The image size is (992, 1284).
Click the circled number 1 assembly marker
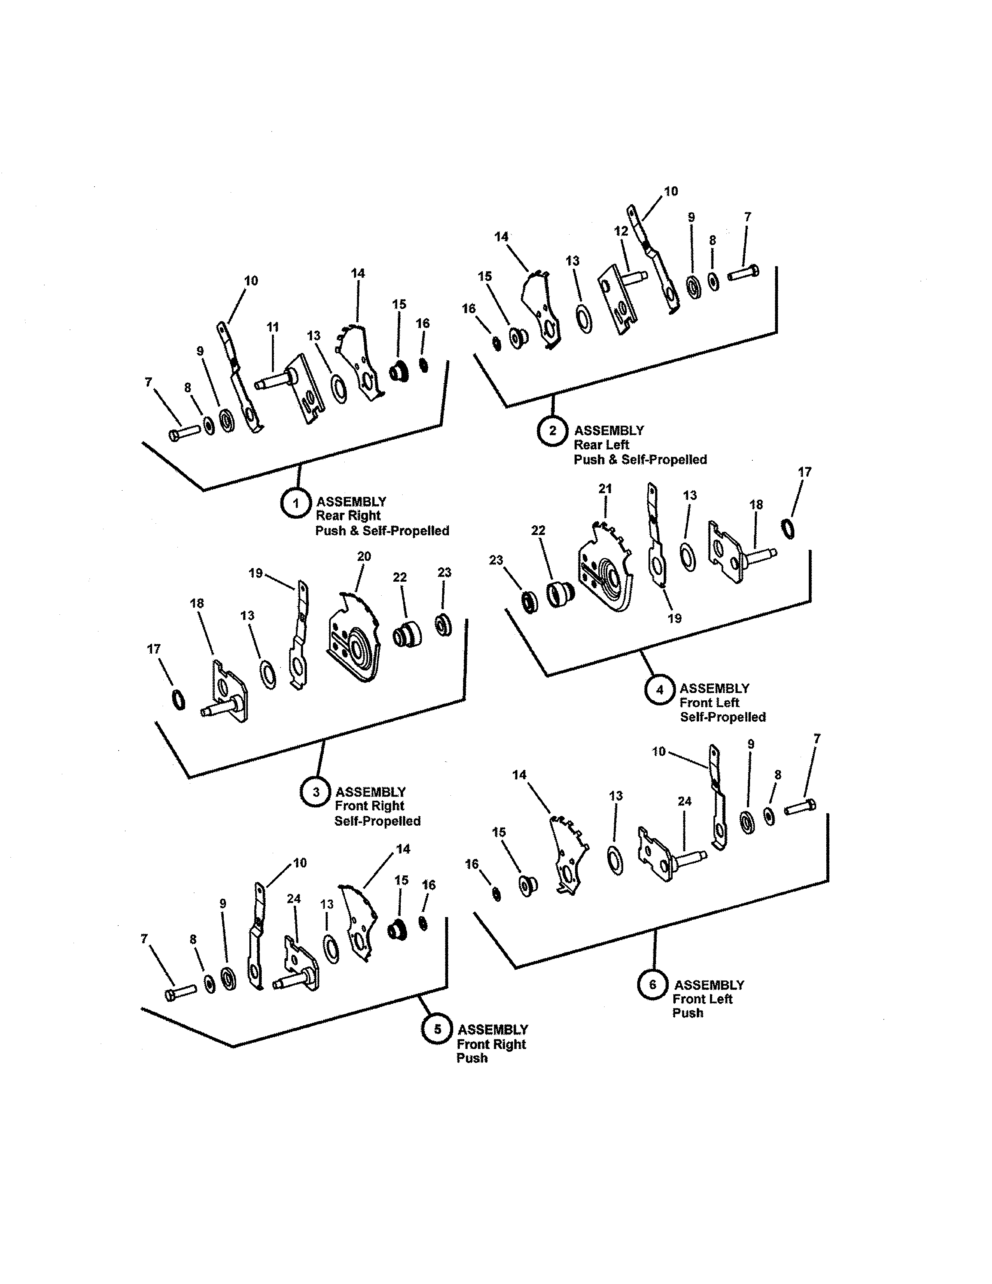tap(296, 503)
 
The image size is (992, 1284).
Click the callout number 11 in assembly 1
tap(273, 327)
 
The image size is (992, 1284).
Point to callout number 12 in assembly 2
tap(621, 231)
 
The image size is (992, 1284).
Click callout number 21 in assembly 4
tap(605, 489)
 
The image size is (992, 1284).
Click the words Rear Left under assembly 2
tap(601, 445)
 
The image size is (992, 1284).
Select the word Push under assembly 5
tap(472, 1058)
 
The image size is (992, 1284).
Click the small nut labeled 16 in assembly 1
tap(423, 365)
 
